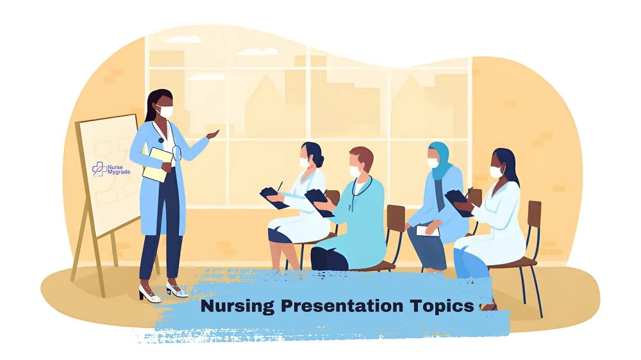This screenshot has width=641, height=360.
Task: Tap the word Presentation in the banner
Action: coord(339,306)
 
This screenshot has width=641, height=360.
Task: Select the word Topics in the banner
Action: coord(442,306)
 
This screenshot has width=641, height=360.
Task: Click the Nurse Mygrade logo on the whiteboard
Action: coord(107,168)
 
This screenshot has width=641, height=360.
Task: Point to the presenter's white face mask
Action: coord(166,111)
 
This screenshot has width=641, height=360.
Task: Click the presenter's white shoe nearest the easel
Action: coord(147,295)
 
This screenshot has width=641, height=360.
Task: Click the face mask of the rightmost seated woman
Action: coord(496,172)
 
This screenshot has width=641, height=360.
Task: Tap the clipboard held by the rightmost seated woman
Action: coord(458,199)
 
